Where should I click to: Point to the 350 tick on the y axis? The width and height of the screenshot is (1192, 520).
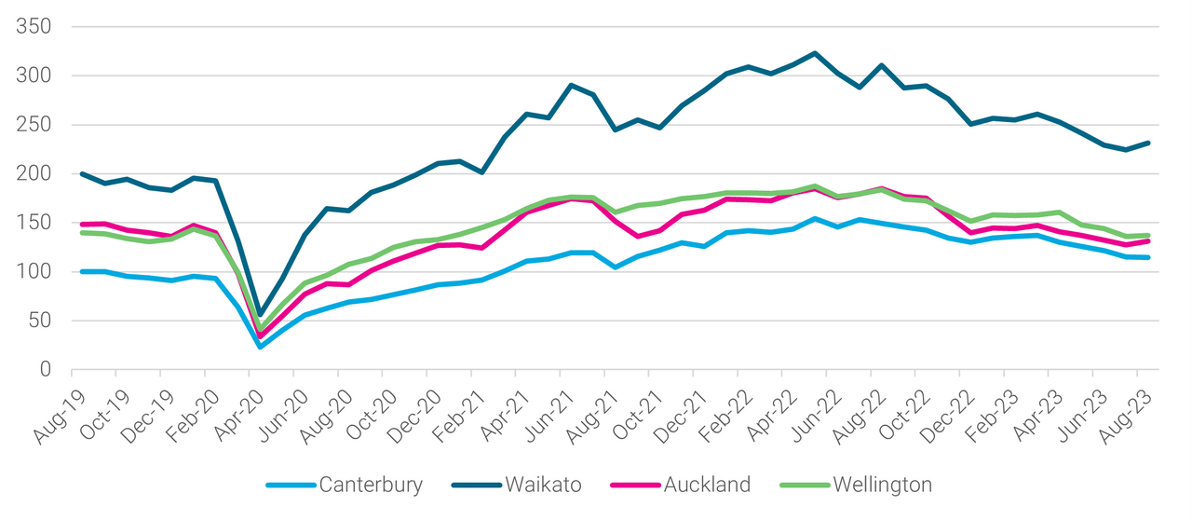[33, 26]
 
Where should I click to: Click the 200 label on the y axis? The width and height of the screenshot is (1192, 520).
[33, 173]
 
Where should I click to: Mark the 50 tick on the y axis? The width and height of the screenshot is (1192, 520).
[39, 321]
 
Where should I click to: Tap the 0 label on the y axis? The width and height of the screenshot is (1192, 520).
[45, 370]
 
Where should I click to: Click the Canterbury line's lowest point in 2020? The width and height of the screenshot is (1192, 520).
[260, 347]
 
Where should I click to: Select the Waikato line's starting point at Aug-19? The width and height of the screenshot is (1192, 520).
[82, 173]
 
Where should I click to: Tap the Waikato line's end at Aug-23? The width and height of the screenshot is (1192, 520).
[1149, 143]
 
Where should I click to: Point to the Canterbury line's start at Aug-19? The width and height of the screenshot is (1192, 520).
[82, 271]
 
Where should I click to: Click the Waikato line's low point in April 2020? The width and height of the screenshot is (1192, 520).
[260, 314]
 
